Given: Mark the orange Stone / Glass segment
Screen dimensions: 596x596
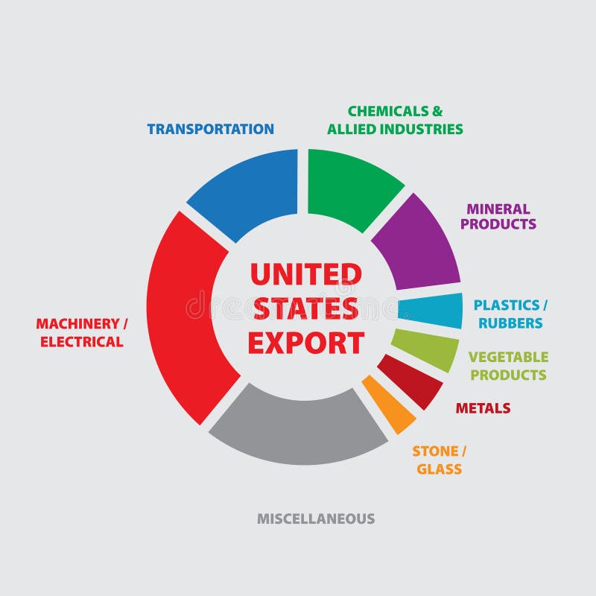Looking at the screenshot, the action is point(390,406).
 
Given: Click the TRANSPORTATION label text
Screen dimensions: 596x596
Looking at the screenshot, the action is point(210,129).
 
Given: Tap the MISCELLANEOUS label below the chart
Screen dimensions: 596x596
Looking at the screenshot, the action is point(316,519).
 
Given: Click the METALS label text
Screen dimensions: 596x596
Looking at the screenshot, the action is point(483,408).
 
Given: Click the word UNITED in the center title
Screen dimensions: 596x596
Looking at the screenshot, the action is point(305,274).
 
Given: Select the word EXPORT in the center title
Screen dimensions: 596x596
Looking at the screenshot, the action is point(305,343).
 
